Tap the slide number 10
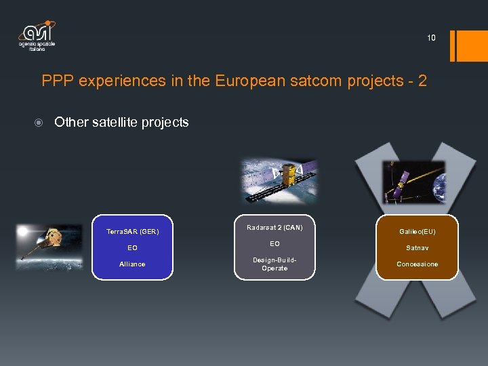(431, 38)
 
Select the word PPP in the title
(58, 81)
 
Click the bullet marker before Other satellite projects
(40, 123)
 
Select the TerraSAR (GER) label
(132, 232)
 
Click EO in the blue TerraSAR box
(132, 248)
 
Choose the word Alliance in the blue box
(132, 264)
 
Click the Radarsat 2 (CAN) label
(274, 227)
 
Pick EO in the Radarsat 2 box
(274, 243)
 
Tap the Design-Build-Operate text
(274, 264)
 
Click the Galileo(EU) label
(417, 232)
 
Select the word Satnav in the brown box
(417, 248)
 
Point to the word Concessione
(417, 264)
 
